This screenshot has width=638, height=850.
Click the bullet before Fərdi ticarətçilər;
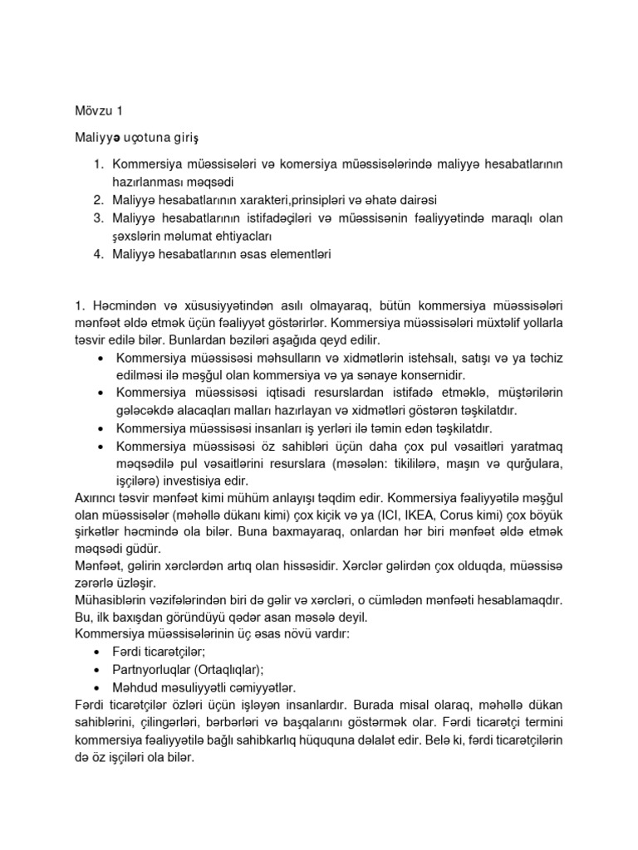[x=101, y=653]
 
